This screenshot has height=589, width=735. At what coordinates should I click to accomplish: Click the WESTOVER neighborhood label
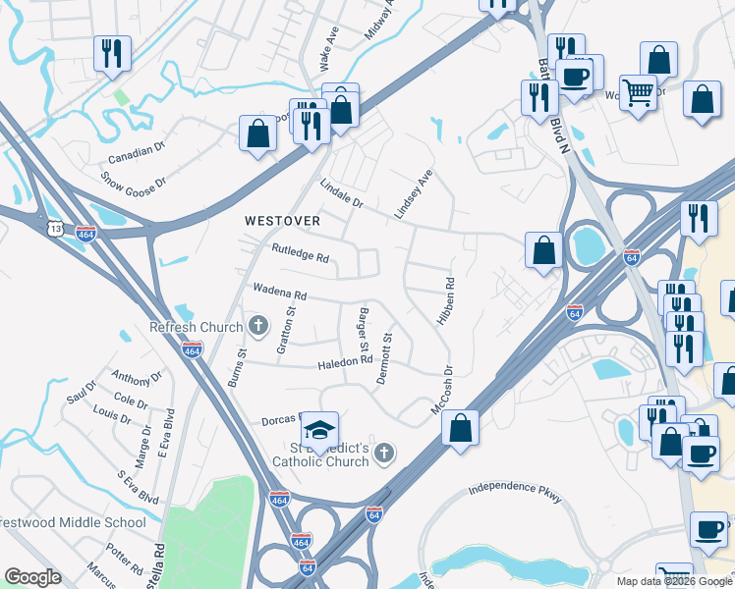[283, 222]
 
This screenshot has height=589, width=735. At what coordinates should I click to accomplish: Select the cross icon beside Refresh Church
[258, 325]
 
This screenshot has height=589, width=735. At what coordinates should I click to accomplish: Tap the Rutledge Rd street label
[300, 255]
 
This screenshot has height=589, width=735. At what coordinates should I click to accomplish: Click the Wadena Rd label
[280, 293]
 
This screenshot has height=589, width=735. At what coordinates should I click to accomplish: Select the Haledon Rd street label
[346, 360]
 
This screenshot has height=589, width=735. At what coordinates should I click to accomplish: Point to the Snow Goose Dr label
[135, 180]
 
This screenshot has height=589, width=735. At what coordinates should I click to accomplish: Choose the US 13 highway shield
[55, 229]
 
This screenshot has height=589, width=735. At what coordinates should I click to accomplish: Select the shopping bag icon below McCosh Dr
[459, 428]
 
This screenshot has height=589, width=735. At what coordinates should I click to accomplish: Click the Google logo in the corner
[32, 577]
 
